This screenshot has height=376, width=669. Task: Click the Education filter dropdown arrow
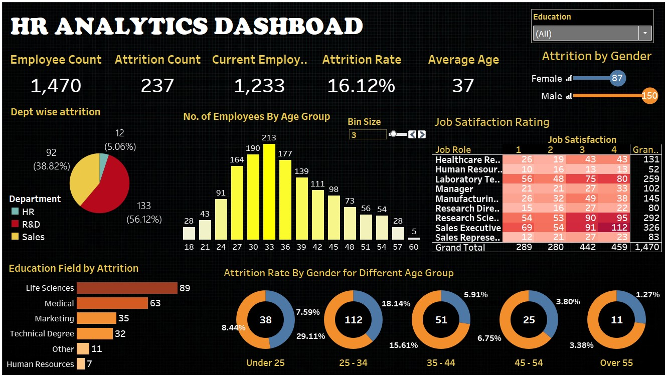pyautogui.click(x=644, y=34)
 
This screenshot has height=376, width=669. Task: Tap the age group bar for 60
pyautogui.click(x=414, y=238)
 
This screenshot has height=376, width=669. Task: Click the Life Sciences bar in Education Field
pyautogui.click(x=127, y=288)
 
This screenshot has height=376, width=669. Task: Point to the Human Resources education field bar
pyautogui.click(x=81, y=364)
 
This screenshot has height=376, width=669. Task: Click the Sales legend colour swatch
pyautogui.click(x=14, y=237)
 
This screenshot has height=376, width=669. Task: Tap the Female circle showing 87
pyautogui.click(x=617, y=78)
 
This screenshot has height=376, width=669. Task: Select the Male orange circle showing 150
pyautogui.click(x=649, y=96)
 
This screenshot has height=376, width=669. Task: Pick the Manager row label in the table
pyautogui.click(x=454, y=189)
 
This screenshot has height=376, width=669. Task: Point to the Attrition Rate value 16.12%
pyautogui.click(x=361, y=86)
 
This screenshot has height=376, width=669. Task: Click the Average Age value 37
pyautogui.click(x=462, y=86)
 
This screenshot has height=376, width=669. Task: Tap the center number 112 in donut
pyautogui.click(x=353, y=320)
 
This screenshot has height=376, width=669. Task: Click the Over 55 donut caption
pyautogui.click(x=616, y=363)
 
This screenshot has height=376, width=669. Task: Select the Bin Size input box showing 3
pyautogui.click(x=368, y=134)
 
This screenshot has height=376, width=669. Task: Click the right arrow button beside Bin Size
pyautogui.click(x=422, y=134)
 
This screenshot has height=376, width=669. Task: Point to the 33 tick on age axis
pyautogui.click(x=269, y=247)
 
